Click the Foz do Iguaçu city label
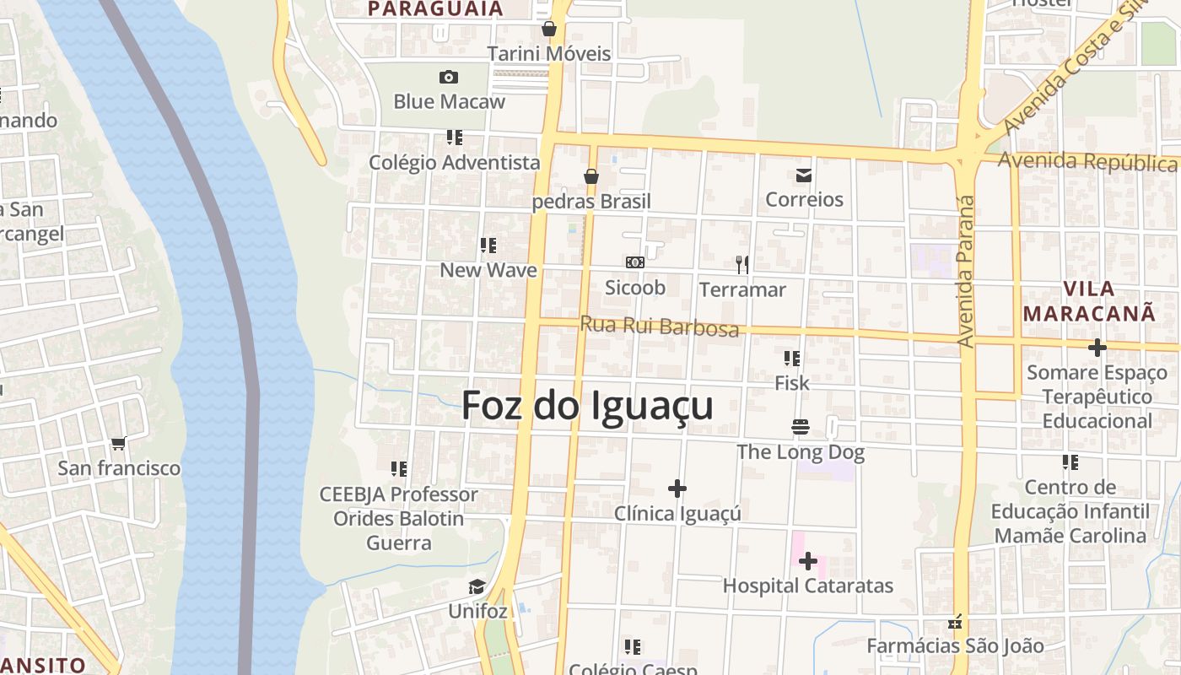coord(587,406)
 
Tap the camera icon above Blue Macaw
coord(449,78)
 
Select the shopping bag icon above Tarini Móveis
coord(549,29)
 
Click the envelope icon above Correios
coord(803,175)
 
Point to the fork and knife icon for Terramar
coord(742,265)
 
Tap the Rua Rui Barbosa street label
coord(659,327)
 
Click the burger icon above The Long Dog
coord(800,427)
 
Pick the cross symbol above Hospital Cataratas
coord(808,560)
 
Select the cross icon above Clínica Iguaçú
coord(677,489)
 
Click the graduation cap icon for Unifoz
coord(477,586)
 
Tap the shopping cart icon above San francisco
coord(118,443)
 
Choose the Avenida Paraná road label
coord(967,272)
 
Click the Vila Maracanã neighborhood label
coord(1089,300)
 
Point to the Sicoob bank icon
coord(635,263)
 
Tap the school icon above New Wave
coord(488,246)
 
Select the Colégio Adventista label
coord(454,162)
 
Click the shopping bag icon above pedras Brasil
coord(591,176)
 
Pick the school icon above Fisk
coord(791,359)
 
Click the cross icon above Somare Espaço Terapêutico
coord(1097,347)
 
